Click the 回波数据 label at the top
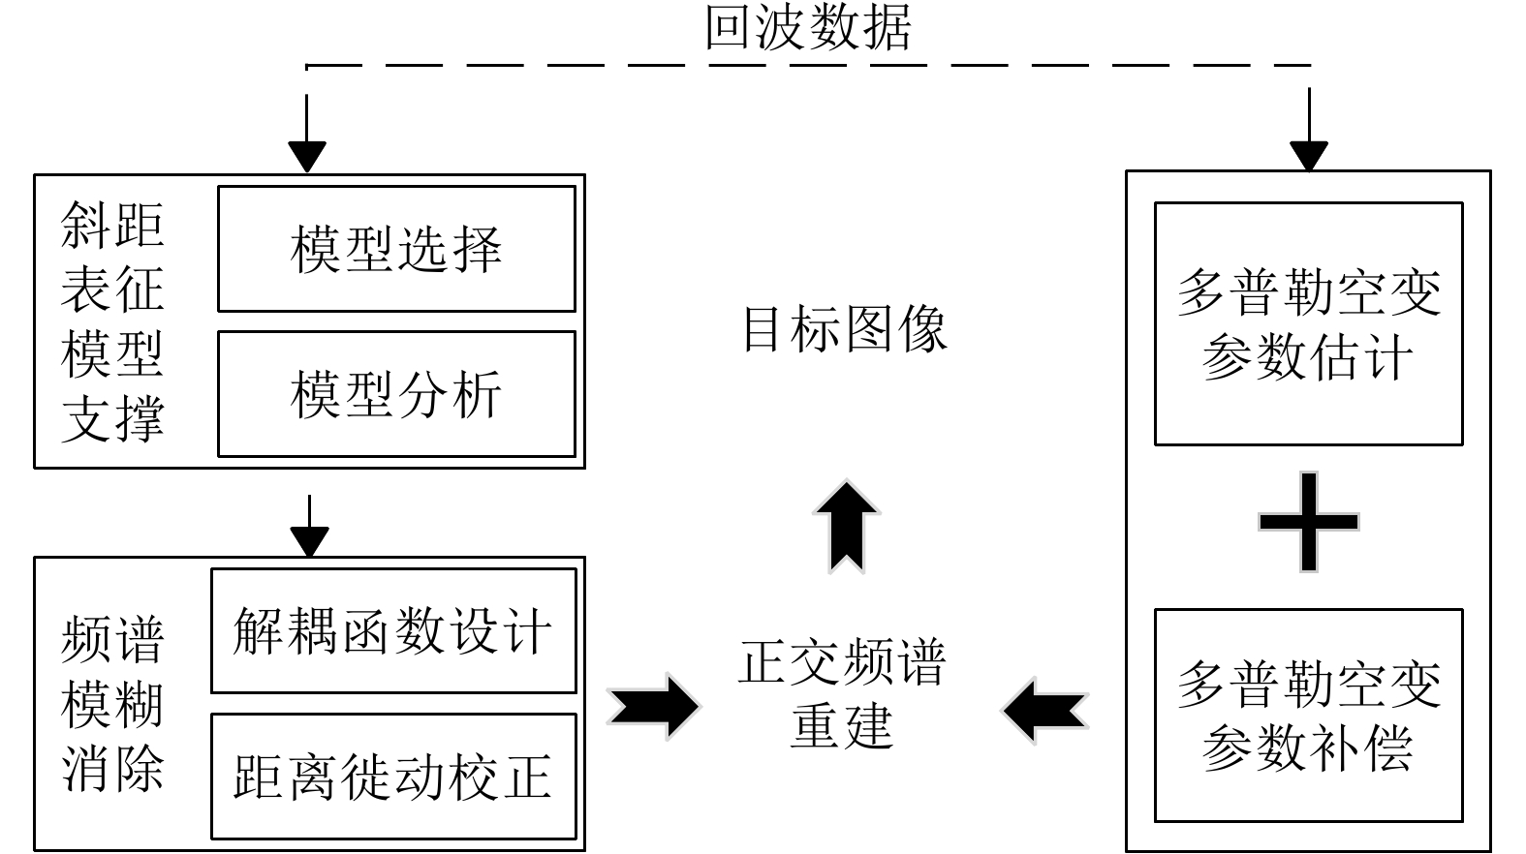(x=807, y=27)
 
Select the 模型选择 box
(x=396, y=249)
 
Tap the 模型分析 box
(x=396, y=394)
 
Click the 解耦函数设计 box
(x=393, y=631)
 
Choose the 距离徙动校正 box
(x=393, y=777)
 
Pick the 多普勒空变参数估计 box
(x=1308, y=324)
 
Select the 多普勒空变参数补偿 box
(x=1308, y=717)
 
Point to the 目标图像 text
(x=844, y=329)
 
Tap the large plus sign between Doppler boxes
(x=1308, y=522)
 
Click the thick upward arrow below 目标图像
(x=846, y=527)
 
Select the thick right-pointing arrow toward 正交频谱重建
(x=653, y=707)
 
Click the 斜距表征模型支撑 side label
(x=112, y=321)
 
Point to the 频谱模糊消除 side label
(x=112, y=704)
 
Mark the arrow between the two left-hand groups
(x=309, y=528)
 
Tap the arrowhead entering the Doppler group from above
(x=1309, y=155)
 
